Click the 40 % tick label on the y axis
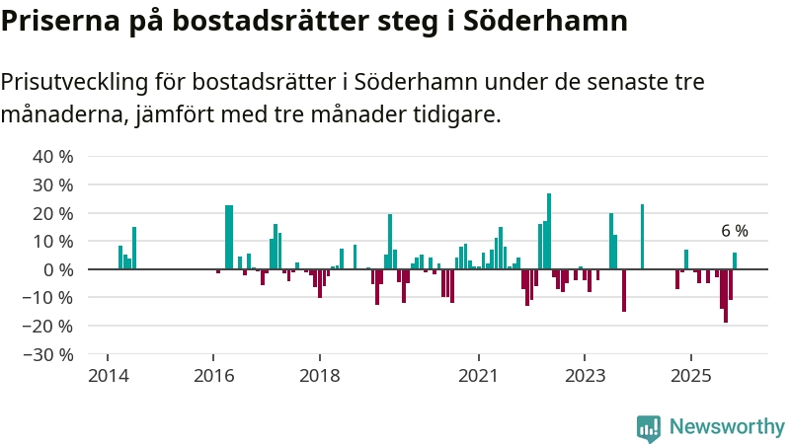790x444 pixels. tap(53, 157)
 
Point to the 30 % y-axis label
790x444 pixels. tap(53, 185)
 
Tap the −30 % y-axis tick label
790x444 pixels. tap(50, 354)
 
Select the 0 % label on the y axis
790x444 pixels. tap(58, 269)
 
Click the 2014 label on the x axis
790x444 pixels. tap(106, 376)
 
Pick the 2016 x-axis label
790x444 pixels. tap(212, 376)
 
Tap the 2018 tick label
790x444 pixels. tap(319, 376)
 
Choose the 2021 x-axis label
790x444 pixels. tap(479, 376)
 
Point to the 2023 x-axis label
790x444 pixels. tap(585, 376)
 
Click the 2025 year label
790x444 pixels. tap(691, 376)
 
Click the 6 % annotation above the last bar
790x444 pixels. tap(735, 232)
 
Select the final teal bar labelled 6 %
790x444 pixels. tap(735, 261)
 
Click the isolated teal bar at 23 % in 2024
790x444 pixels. tap(642, 237)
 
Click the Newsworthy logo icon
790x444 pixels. tap(649, 427)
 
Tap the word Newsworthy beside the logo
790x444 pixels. tap(727, 427)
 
